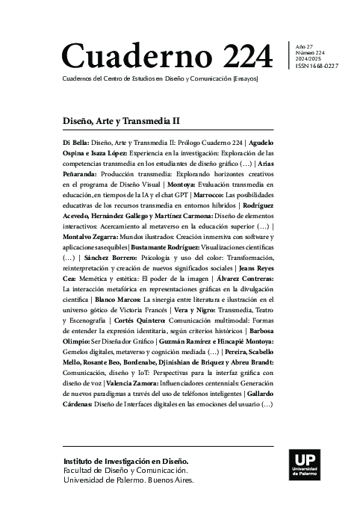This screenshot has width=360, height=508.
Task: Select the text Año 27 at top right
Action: [x=306, y=46]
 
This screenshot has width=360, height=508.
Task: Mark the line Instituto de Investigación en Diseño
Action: [x=126, y=462]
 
